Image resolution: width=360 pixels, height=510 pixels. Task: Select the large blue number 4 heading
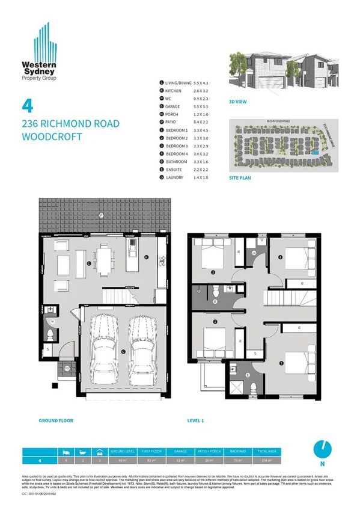pos(27,106)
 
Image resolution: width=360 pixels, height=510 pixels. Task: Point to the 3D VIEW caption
pos(239,102)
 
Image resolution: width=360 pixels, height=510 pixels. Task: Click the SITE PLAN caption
pos(240,178)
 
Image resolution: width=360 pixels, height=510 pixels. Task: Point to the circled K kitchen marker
pos(146,257)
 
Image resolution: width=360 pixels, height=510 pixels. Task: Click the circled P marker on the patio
pos(102,215)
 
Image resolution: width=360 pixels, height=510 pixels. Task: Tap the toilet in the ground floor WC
pos(50,333)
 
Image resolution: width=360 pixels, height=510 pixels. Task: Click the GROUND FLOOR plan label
pos(56,420)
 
